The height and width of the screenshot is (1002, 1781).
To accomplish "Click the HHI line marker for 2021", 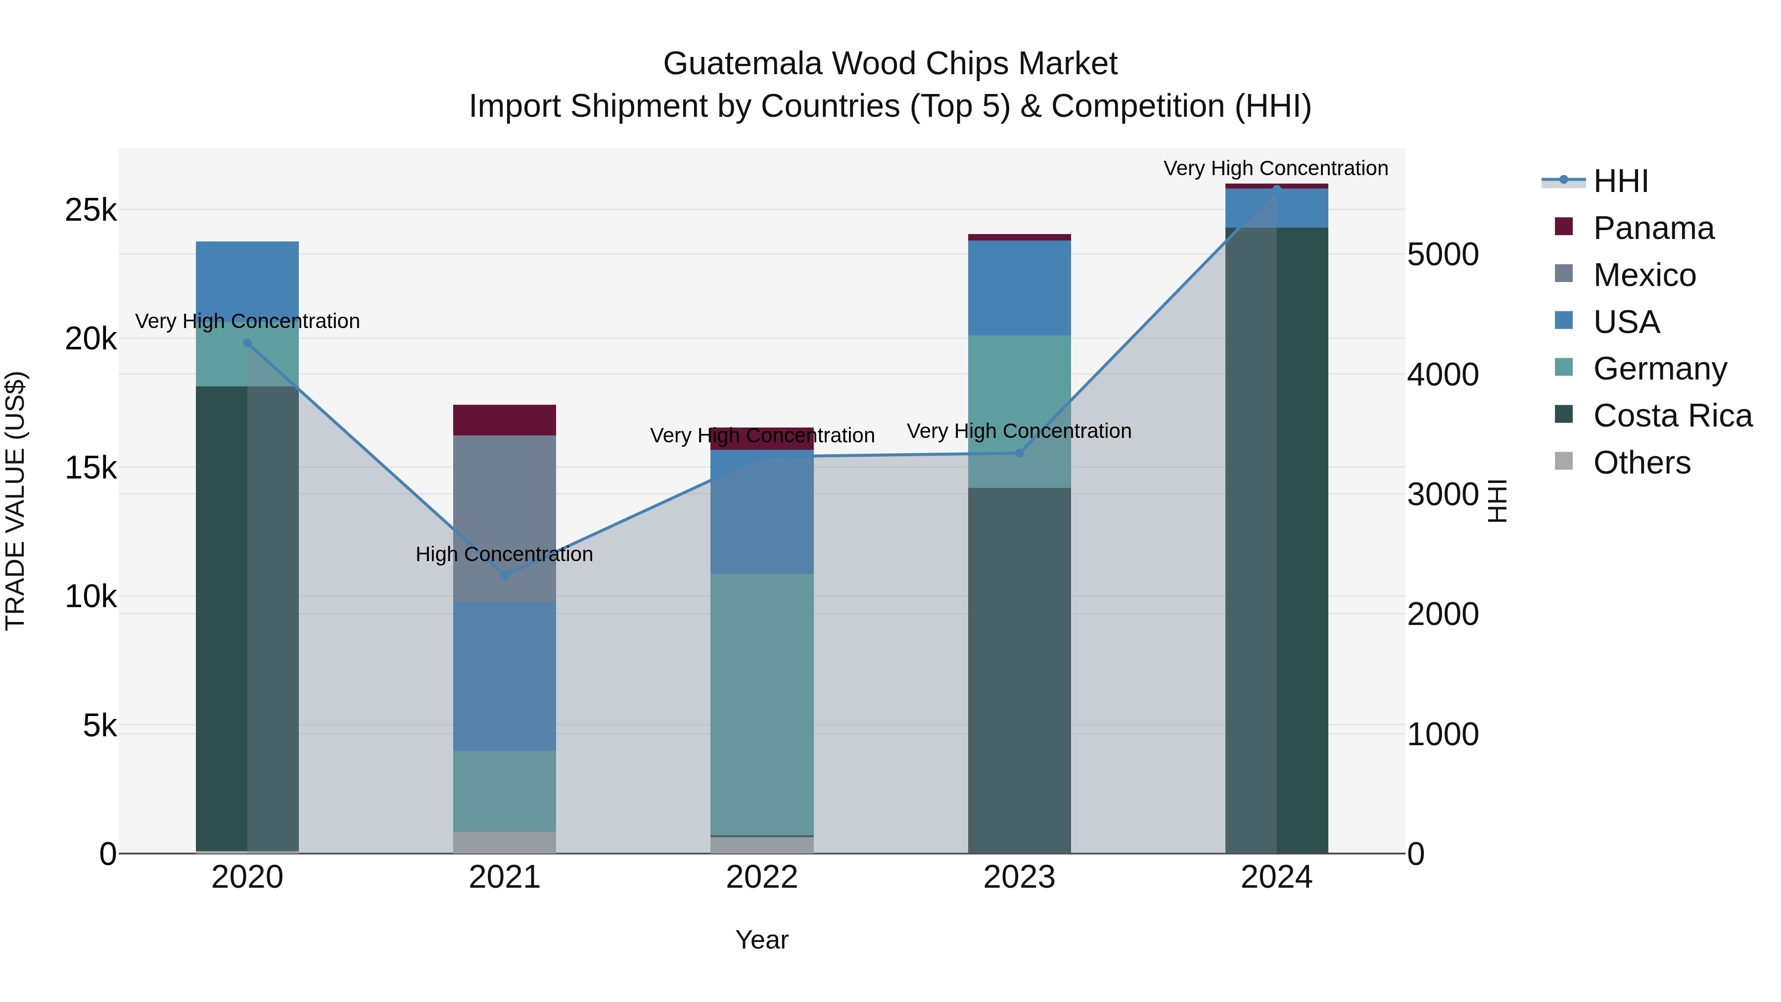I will [505, 575].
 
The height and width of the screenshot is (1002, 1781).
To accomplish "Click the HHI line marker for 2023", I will [1019, 453].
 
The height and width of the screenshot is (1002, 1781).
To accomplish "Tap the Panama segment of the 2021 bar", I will [505, 420].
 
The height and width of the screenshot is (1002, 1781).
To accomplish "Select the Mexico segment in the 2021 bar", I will [505, 518].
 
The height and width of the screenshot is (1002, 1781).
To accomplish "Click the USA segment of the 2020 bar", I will [247, 281].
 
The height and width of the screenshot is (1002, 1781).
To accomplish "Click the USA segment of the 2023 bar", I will [1019, 287].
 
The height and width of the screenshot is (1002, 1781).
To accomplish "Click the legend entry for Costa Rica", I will [1672, 416].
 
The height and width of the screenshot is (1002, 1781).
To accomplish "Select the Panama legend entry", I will [1653, 228].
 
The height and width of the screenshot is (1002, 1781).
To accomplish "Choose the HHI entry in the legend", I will [1620, 181].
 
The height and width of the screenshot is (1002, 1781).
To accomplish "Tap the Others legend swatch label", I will [1641, 463].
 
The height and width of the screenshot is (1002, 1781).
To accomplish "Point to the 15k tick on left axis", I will [91, 468].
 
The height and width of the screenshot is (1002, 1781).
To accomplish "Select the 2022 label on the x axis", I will [762, 877].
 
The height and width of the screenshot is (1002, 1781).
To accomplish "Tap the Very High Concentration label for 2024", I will [1275, 168].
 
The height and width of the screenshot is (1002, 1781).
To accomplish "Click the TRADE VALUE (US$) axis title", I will [15, 501].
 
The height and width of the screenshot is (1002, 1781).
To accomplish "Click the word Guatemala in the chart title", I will [743, 64].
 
